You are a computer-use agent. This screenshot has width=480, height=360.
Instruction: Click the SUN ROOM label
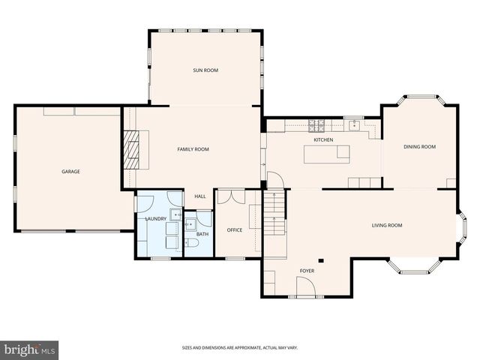205,70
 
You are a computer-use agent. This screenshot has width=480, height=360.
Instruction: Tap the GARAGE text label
70,172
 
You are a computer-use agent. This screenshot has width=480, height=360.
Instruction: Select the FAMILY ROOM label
193,149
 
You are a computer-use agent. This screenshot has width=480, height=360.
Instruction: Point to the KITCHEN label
323,140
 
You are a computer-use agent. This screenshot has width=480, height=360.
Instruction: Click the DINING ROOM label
419,147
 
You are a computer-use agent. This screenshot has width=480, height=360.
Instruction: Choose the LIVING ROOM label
387,225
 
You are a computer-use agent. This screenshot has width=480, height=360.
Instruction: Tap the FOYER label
307,270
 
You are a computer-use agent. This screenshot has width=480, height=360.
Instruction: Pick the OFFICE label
235,230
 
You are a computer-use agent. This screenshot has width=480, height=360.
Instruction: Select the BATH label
202,235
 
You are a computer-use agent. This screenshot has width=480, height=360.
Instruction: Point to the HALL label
200,196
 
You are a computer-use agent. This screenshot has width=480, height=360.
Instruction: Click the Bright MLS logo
30,349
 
